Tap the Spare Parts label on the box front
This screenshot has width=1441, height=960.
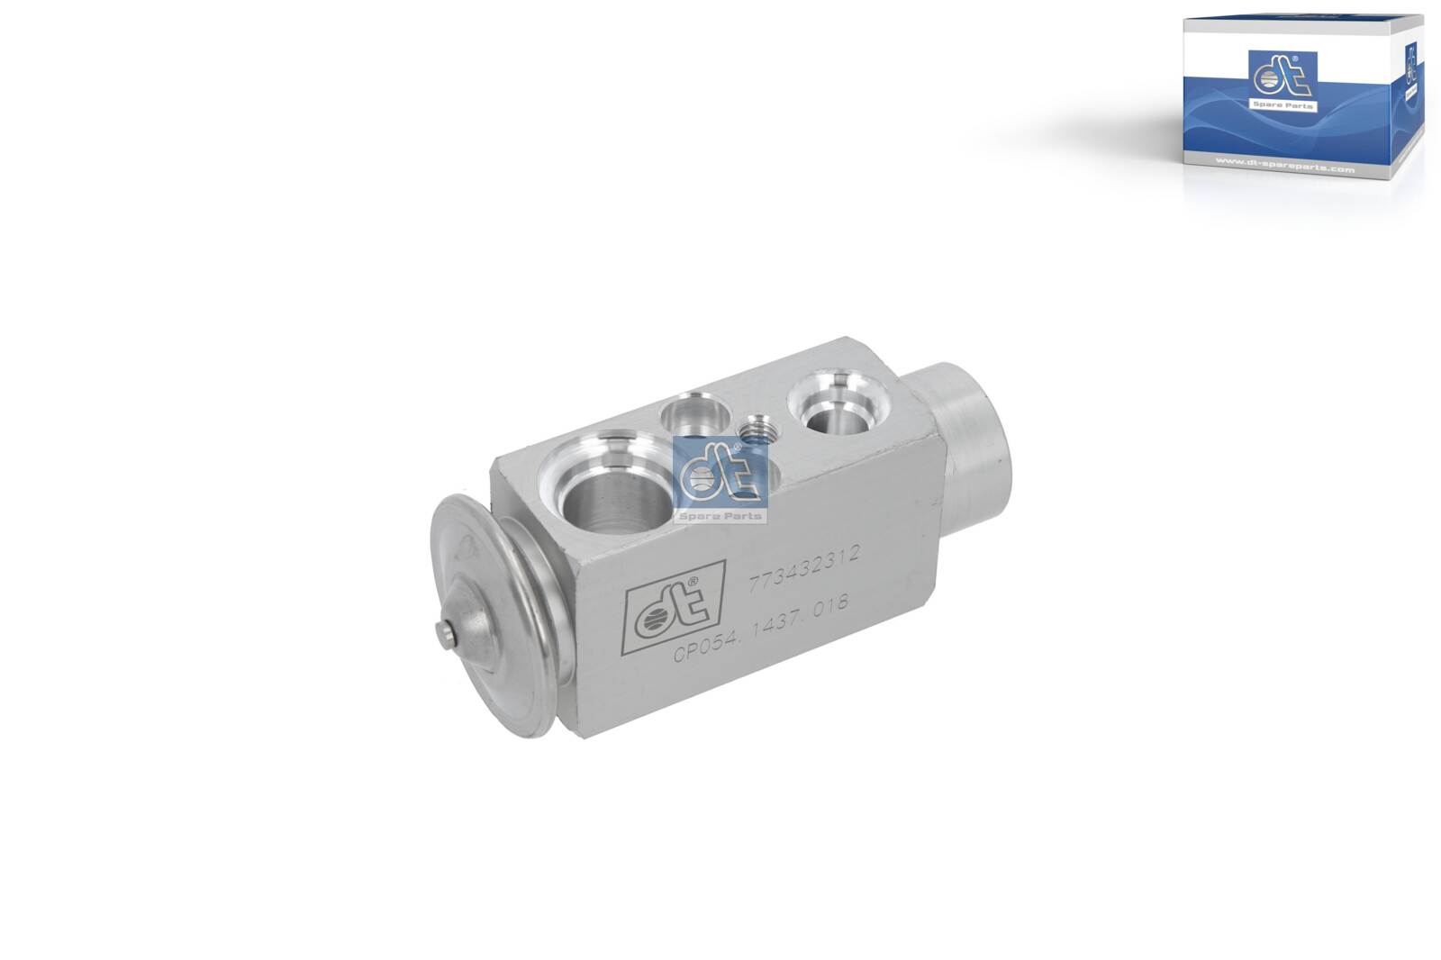point(1282,105)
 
